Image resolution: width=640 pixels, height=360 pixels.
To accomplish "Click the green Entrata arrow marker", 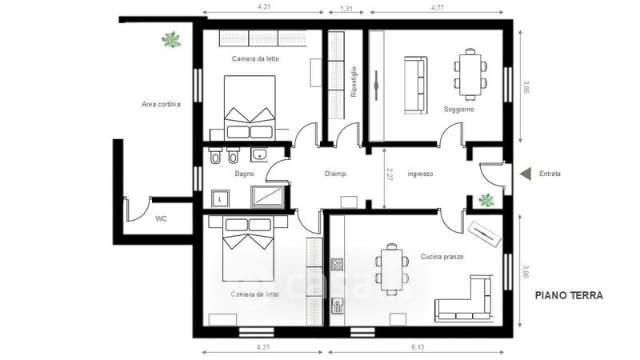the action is coord(526,174).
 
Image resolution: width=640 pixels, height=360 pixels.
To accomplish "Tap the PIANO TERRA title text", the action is coord(569,295).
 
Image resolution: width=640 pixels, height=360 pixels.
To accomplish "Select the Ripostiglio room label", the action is coord(354,82).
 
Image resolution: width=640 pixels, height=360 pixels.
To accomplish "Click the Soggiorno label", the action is coord(459,110).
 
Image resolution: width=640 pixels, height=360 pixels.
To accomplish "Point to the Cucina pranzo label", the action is coord(442,257).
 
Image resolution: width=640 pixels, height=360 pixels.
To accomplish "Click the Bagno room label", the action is coord(245,174).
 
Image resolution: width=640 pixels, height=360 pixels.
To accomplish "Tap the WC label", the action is coord(161,218).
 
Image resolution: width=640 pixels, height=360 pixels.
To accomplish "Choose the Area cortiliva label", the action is coord(162,104).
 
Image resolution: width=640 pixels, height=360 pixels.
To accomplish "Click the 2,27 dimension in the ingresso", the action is coord(390,174).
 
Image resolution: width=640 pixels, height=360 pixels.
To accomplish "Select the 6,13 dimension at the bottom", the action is coord(418,347).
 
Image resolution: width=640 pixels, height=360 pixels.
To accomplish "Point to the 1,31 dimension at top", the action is coord(346,8).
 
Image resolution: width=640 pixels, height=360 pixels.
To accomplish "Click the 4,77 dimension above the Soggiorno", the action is coord(437,7).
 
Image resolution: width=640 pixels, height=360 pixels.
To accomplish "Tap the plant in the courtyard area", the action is coord(171,39).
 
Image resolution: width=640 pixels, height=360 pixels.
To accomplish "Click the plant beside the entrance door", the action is coord(486,200).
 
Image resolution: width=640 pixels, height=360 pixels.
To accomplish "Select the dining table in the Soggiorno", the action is coord(470,74).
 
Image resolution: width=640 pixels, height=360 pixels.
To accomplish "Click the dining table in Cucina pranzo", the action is coord(392,269).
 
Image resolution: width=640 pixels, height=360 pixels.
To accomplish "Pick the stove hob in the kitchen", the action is coord(337,265).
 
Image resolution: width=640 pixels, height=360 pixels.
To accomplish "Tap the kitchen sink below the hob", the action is coord(337,306).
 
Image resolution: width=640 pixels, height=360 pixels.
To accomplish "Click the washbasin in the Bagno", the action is coord(258,154).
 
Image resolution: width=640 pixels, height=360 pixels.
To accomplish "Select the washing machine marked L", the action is coord(221,198).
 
